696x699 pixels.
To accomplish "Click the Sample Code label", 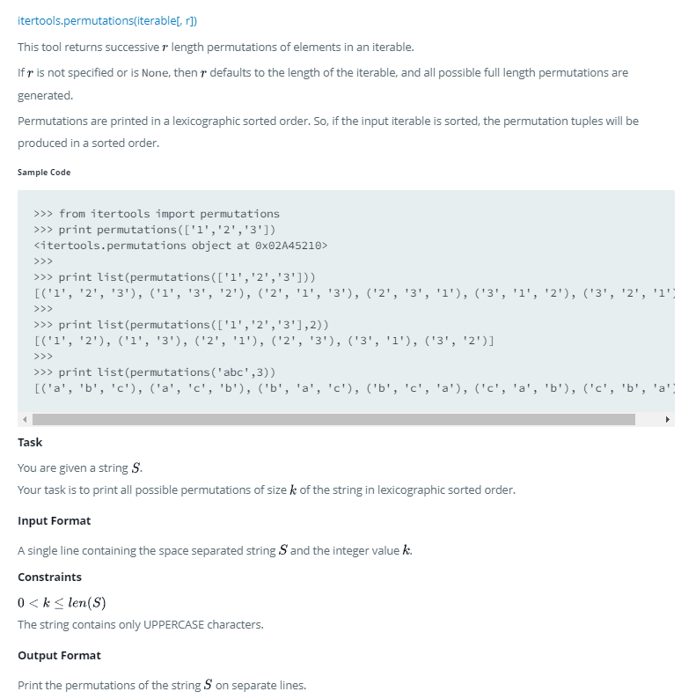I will [x=44, y=172].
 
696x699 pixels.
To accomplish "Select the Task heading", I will [x=30, y=442].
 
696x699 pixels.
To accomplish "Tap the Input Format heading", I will [x=54, y=520].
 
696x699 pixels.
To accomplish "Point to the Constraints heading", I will [x=49, y=577].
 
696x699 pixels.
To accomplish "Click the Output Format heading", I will [x=59, y=655].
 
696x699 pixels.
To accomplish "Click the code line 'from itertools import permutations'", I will [x=169, y=214].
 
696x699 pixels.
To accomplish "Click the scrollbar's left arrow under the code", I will [x=25, y=419].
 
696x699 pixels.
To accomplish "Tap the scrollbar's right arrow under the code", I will [x=667, y=419].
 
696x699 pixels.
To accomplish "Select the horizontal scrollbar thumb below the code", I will [x=334, y=419].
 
